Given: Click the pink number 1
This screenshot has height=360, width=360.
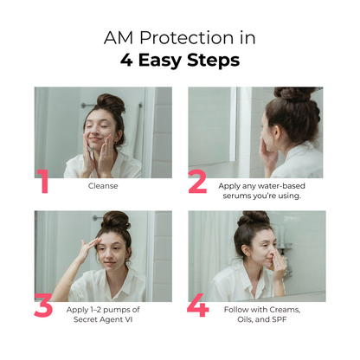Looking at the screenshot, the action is tap(43, 181).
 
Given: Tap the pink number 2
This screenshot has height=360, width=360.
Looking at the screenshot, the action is tap(197, 181).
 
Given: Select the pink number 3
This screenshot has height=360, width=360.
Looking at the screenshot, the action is tap(43, 305).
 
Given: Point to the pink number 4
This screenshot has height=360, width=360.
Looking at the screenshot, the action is tap(198, 305).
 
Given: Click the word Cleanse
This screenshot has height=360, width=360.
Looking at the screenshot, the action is tap(103, 186).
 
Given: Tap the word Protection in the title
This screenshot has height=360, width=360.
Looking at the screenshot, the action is tap(187, 38).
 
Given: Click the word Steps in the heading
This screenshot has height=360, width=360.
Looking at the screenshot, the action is tap(213, 61).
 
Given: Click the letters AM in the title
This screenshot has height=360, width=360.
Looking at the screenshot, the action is tap(119, 38).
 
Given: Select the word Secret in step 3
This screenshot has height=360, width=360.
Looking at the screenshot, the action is tap(85, 319).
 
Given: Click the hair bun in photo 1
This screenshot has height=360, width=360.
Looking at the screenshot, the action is tap(111, 103).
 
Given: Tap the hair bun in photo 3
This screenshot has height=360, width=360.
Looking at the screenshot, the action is tap(116, 221).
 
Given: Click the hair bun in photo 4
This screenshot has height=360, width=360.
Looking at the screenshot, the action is tap(254, 218).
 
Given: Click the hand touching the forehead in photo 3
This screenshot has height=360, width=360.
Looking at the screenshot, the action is tap(88, 248).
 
